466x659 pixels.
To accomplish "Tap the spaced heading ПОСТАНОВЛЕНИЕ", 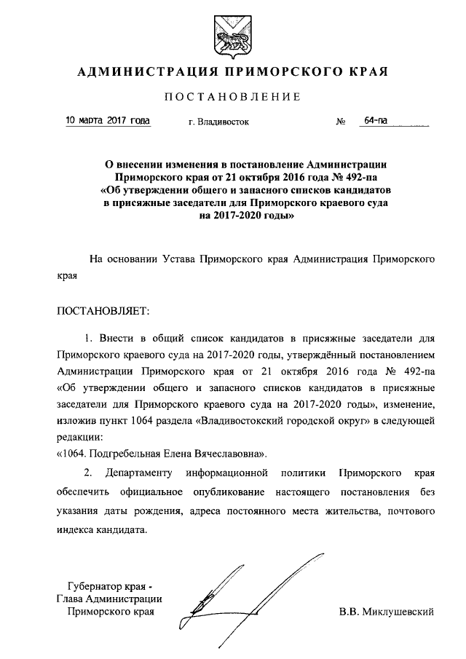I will coord(232,98).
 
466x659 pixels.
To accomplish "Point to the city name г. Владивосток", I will coord(218,122).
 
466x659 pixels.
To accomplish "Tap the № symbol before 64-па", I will coord(340,122).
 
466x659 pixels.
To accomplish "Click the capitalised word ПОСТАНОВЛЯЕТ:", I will coord(103,312).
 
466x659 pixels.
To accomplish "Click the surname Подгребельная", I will coord(130,454).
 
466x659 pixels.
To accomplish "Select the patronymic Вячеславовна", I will coord(220,454).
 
